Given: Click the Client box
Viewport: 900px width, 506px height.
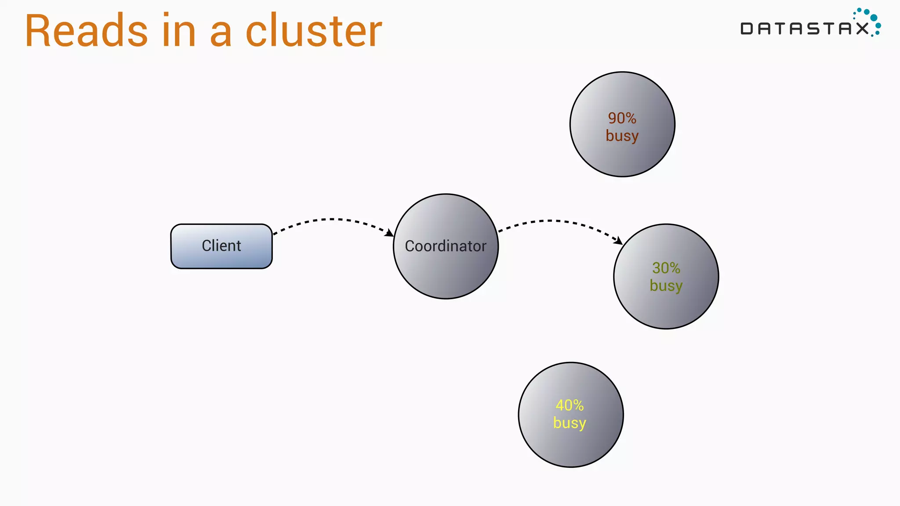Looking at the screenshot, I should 221,246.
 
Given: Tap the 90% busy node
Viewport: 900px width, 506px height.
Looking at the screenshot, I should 622,154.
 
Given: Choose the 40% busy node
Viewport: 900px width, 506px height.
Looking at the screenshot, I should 570,444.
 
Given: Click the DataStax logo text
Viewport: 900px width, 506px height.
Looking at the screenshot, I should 804,29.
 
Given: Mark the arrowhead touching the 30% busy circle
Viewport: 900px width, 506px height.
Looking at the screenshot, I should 618,241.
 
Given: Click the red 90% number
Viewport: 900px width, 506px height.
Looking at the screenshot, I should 622,118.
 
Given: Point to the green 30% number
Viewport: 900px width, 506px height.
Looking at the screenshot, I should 666,268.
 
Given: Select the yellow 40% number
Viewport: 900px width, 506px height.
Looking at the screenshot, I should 570,405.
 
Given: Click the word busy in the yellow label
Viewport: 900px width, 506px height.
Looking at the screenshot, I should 570,423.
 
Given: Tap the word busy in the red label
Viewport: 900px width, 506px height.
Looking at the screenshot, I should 622,136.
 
